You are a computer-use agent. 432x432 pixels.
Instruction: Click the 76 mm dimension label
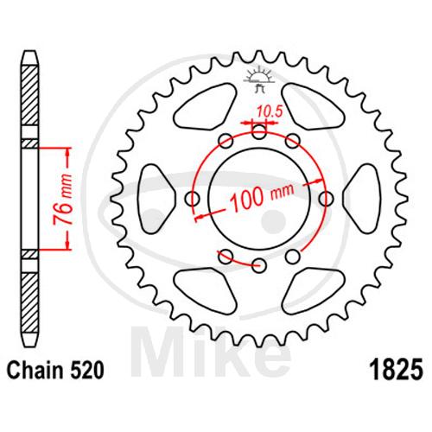click(63, 199)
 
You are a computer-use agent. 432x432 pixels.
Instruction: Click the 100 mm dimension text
click(262, 196)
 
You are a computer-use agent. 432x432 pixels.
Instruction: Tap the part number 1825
click(397, 370)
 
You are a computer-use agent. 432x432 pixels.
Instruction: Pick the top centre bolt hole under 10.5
click(259, 132)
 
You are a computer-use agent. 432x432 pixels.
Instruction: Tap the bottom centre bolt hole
click(259, 265)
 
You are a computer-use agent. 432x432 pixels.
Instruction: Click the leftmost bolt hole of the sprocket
click(193, 199)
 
